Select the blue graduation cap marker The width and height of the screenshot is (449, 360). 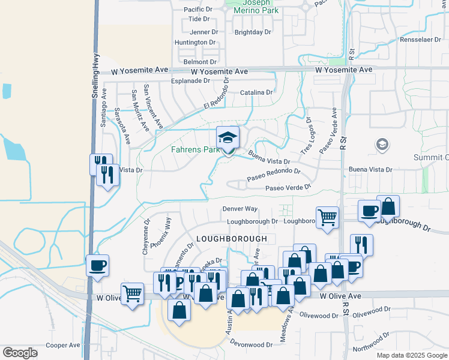[x=228, y=138]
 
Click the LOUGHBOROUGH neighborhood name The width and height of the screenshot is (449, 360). [x=232, y=239]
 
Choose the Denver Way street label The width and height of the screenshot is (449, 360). [x=240, y=209]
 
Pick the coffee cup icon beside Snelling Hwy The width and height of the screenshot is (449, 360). [x=97, y=265]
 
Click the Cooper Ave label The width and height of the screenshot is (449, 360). [x=63, y=345]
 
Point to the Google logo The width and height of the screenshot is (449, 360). [x=20, y=353]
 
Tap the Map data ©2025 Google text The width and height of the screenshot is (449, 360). [x=411, y=355]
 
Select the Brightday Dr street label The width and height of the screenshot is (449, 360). [x=253, y=32]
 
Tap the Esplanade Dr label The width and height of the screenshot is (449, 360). [x=191, y=80]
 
